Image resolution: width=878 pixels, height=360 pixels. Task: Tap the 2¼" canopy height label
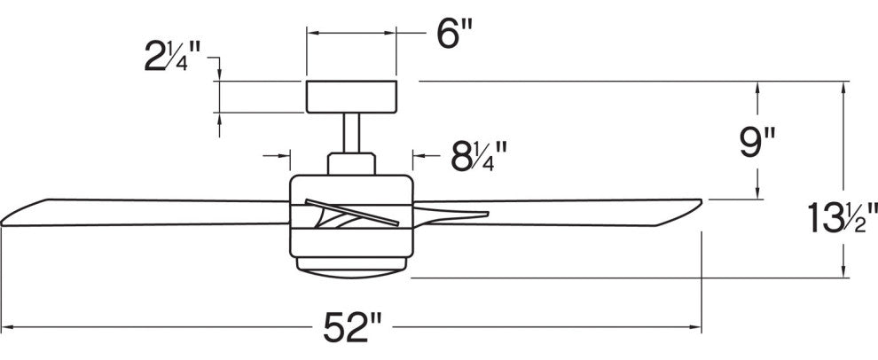click(x=172, y=57)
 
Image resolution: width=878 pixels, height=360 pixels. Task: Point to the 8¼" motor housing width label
click(x=479, y=156)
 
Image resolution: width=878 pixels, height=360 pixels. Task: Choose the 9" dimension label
click(x=757, y=143)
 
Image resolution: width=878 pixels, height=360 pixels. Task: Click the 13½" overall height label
click(x=843, y=218)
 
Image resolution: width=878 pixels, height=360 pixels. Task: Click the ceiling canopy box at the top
click(x=352, y=97)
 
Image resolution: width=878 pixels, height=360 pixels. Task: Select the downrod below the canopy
click(x=352, y=133)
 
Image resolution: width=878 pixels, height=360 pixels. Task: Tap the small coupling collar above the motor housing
click(x=352, y=163)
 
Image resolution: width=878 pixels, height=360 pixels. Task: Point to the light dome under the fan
click(x=352, y=268)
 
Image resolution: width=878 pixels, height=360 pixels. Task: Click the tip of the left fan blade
click(x=2, y=223)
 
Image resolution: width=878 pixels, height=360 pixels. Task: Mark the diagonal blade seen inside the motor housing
click(x=352, y=212)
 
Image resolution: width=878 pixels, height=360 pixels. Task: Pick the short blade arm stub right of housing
click(x=451, y=215)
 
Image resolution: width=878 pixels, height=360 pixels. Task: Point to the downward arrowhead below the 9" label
click(x=757, y=192)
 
